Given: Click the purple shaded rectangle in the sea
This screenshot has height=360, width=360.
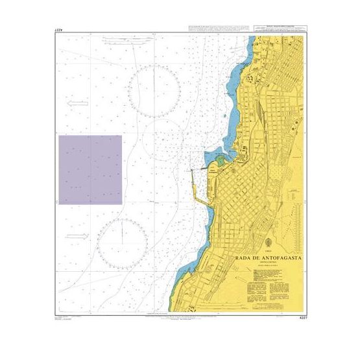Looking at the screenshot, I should tap(90, 170).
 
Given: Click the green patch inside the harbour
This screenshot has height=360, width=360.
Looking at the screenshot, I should tap(220, 160).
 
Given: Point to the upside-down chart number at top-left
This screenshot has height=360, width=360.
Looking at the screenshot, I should tap(62, 30).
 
